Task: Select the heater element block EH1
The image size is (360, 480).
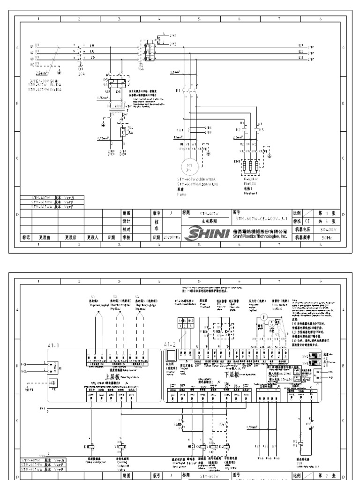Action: (251, 168)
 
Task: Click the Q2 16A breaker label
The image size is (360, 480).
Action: (141, 65)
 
